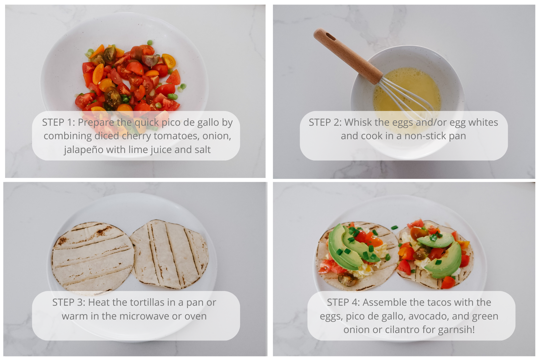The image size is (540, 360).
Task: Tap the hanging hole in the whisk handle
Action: (x=330, y=37)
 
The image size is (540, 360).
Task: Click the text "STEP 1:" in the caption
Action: (x=58, y=122)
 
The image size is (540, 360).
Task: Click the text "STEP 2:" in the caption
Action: (x=325, y=122)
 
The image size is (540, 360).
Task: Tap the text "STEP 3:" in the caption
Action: (x=69, y=302)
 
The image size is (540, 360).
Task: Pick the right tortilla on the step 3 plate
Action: (x=170, y=254)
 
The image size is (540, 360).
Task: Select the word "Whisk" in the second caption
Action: (x=358, y=122)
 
